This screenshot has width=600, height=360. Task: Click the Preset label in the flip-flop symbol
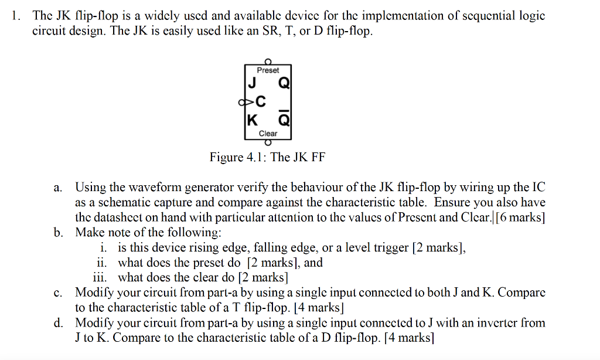pos(268,70)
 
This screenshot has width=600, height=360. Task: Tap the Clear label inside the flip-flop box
pos(268,133)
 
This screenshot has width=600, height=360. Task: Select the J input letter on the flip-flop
pos(251,83)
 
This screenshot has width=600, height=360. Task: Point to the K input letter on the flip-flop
pos(251,121)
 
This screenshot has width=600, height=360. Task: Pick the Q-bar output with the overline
pos(283,120)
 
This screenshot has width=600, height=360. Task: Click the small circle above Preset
pos(268,61)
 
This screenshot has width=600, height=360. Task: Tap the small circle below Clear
pos(268,142)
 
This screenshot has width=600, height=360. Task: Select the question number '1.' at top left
pos(17,16)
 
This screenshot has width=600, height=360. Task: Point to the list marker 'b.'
pos(58,232)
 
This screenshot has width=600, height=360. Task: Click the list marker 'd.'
pos(58,322)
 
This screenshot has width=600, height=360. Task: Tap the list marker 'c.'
pos(58,292)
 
